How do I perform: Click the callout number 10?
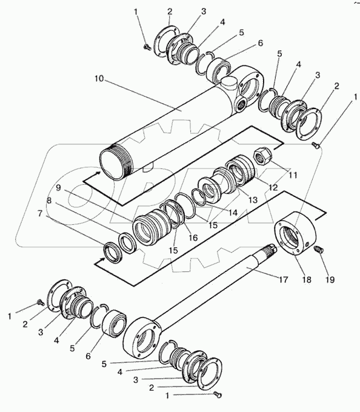click(x=99, y=79)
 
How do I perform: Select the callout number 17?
click(x=283, y=279)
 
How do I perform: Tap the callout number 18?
click(x=307, y=279)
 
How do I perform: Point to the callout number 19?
click(x=330, y=279)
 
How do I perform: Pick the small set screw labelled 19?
click(x=319, y=250)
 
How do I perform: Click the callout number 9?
click(x=58, y=188)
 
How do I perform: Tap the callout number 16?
click(x=193, y=238)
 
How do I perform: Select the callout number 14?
click(x=233, y=212)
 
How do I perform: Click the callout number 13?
click(x=253, y=200)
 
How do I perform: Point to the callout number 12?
click(x=273, y=187)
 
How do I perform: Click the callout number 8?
click(x=48, y=201)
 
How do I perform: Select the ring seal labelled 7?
click(x=113, y=253)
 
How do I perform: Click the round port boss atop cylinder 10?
click(x=228, y=84)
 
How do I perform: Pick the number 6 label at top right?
click(x=260, y=43)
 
